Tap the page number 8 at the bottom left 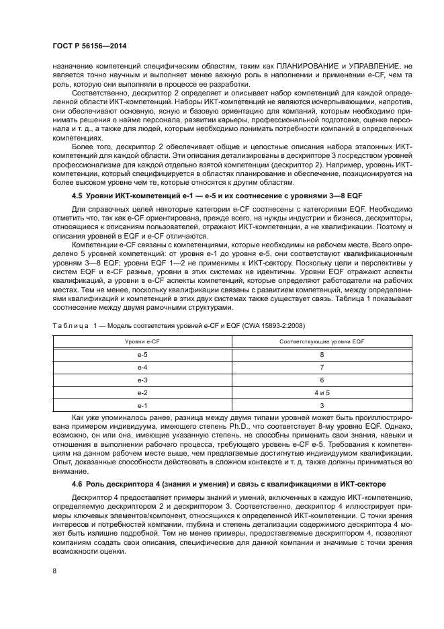pos(54,571)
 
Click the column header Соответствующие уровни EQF pos(322,343)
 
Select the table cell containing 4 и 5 pos(322,392)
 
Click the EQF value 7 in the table pos(322,367)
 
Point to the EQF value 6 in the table pos(322,380)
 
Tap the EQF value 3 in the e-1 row pos(322,405)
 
